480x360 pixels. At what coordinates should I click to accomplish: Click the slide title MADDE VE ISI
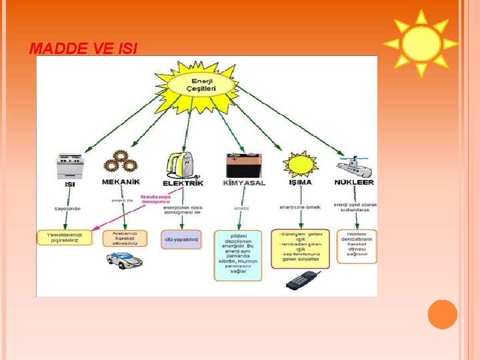[x=84, y=49]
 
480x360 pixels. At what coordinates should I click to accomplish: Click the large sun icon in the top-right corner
[x=421, y=43]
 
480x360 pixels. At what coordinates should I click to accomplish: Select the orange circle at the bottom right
[x=442, y=314]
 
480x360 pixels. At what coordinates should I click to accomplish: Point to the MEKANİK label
[x=121, y=182]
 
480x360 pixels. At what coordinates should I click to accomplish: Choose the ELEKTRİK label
[x=183, y=182]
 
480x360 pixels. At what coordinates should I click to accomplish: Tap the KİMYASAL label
[x=243, y=182]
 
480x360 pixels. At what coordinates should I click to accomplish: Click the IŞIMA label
[x=301, y=182]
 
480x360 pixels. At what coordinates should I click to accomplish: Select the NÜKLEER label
[x=355, y=181]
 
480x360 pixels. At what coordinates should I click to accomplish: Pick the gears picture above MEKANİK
[x=121, y=162]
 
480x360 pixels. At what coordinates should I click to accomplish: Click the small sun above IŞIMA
[x=301, y=164]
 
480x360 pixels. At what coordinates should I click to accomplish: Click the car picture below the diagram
[x=125, y=260]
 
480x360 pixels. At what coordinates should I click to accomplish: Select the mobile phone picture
[x=303, y=281]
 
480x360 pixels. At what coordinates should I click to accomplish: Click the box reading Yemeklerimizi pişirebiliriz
[x=65, y=237]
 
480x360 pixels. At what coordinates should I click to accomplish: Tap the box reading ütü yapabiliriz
[x=181, y=239]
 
